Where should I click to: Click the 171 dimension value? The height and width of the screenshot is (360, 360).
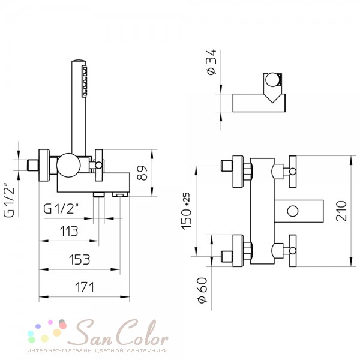pyautogui.click(x=85, y=287)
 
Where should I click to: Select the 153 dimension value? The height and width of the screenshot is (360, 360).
pyautogui.click(x=79, y=259)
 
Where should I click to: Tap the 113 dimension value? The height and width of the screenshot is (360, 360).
pyautogui.click(x=69, y=231)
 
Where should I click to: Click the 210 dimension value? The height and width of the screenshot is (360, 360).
pyautogui.click(x=341, y=211)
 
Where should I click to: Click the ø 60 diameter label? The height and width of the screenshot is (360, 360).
pyautogui.click(x=203, y=290)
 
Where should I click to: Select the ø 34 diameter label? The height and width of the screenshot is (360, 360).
pyautogui.click(x=211, y=62)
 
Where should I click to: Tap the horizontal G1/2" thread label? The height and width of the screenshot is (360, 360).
pyautogui.click(x=61, y=209)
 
